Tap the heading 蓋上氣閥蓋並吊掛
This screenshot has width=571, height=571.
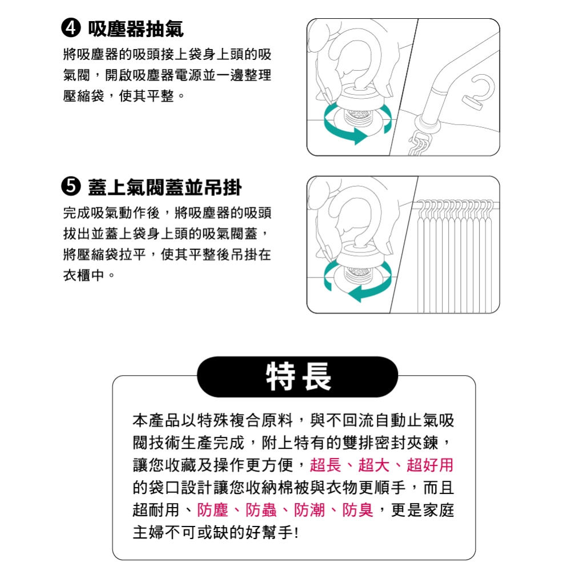click(x=165, y=186)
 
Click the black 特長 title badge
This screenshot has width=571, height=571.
click(x=297, y=377)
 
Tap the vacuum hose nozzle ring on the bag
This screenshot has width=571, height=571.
click(x=427, y=120)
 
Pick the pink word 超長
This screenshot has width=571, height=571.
click(x=325, y=465)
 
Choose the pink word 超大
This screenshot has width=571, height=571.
click(x=374, y=465)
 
